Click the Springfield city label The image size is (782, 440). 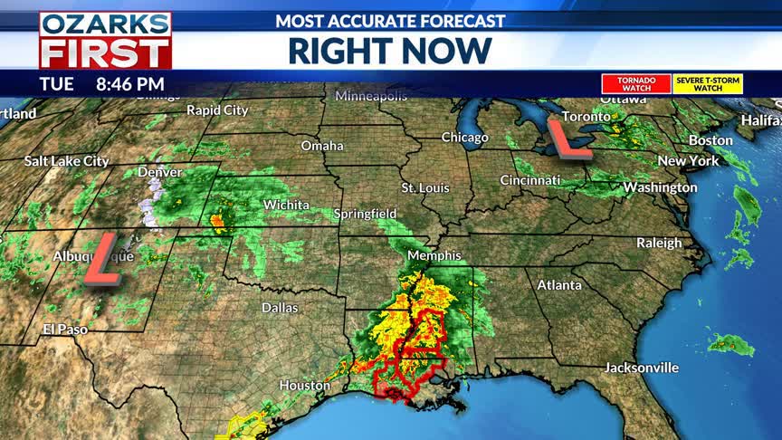click(366, 214)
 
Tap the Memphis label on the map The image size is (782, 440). click(434, 255)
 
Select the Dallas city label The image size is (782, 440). click(280, 308)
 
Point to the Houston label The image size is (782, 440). click(305, 385)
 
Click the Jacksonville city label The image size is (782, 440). click(642, 368)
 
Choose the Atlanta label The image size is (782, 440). click(559, 285)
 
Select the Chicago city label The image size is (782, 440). click(464, 138)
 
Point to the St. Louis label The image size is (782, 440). click(425, 187)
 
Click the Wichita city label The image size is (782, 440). click(286, 205)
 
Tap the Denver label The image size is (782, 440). click(160, 172)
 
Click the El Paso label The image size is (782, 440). click(65, 330)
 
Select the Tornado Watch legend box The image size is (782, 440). click(636, 84)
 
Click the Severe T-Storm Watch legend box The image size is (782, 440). click(709, 84)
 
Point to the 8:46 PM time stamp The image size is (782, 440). click(130, 84)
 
